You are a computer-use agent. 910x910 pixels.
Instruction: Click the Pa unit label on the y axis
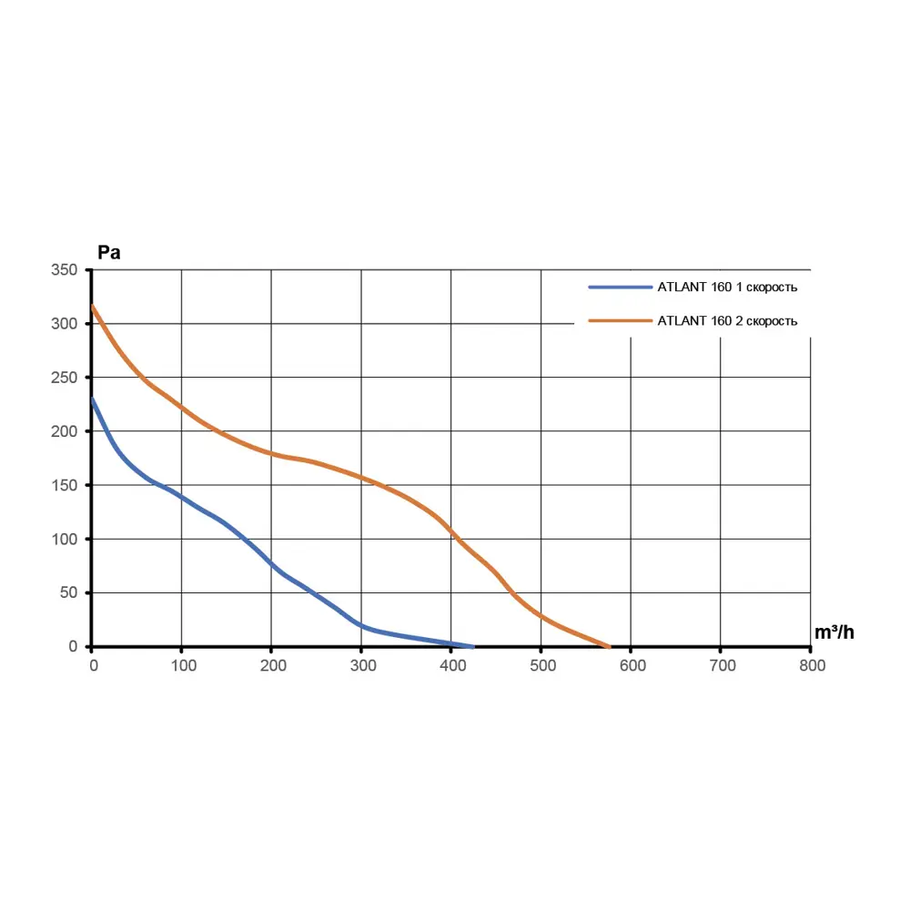coord(109,253)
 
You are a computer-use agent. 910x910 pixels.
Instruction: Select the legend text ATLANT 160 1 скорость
coord(727,288)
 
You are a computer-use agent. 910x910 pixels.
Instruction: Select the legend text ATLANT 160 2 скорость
coord(727,321)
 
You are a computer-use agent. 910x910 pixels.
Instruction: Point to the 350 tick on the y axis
coord(66,270)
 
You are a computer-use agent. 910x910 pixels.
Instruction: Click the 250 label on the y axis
coord(66,378)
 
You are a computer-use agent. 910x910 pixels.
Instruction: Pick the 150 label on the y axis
coord(66,485)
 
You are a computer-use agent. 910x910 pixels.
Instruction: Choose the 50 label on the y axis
coord(70,593)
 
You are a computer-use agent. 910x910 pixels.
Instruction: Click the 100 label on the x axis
coord(182,665)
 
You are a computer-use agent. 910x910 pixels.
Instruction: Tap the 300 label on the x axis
coord(362,665)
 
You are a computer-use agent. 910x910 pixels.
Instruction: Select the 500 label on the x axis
coord(541,665)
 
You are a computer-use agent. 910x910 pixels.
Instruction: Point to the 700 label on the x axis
coord(722,665)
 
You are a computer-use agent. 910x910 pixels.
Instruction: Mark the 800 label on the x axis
coord(812,665)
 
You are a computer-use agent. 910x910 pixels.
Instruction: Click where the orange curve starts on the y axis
coord(92,306)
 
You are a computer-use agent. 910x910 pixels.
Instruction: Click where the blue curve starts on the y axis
coord(92,398)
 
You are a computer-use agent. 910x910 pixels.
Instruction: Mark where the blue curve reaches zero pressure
coord(473,646)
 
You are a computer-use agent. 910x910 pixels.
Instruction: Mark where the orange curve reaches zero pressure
coord(609,646)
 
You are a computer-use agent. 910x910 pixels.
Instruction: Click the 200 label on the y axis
coord(66,431)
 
